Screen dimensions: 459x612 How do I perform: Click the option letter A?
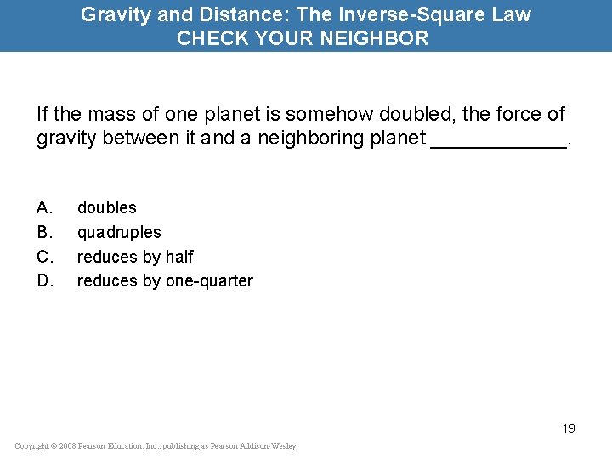tap(45, 207)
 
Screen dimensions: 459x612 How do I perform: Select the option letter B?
tap(45, 232)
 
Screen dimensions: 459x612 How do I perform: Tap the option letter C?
tap(45, 257)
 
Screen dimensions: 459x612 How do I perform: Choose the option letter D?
tap(45, 280)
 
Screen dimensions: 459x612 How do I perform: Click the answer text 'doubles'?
tap(106, 207)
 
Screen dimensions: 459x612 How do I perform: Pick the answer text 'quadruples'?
tap(119, 232)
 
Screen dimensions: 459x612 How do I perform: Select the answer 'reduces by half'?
tap(135, 257)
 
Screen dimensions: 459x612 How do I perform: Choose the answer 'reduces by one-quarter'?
tap(165, 280)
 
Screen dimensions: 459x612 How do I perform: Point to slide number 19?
tap(568, 428)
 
